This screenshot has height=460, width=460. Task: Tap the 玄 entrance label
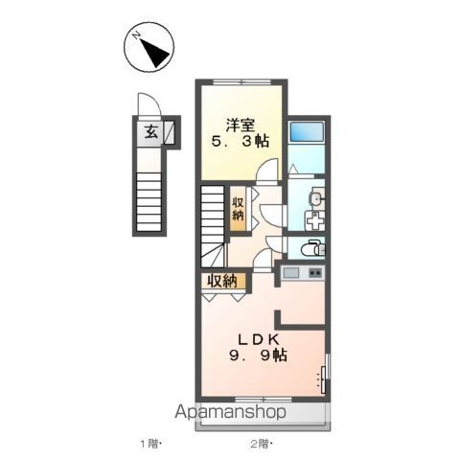click(x=150, y=132)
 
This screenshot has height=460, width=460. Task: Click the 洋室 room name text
click(x=241, y=125)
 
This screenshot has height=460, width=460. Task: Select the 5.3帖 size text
click(x=241, y=141)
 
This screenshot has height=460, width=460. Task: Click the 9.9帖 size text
click(x=258, y=355)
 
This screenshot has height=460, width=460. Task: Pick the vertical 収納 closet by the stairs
click(x=239, y=209)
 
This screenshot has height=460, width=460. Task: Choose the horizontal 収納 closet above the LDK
click(x=223, y=281)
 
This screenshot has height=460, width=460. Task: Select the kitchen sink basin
click(x=291, y=273)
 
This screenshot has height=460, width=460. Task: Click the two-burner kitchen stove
click(x=315, y=273)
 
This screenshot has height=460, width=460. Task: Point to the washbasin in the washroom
click(x=316, y=199)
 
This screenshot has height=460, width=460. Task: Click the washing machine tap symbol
click(x=314, y=220)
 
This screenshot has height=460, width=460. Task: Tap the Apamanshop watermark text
click(x=230, y=412)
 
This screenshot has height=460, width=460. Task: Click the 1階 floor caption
click(x=149, y=444)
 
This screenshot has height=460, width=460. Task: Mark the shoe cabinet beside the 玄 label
click(x=170, y=132)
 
